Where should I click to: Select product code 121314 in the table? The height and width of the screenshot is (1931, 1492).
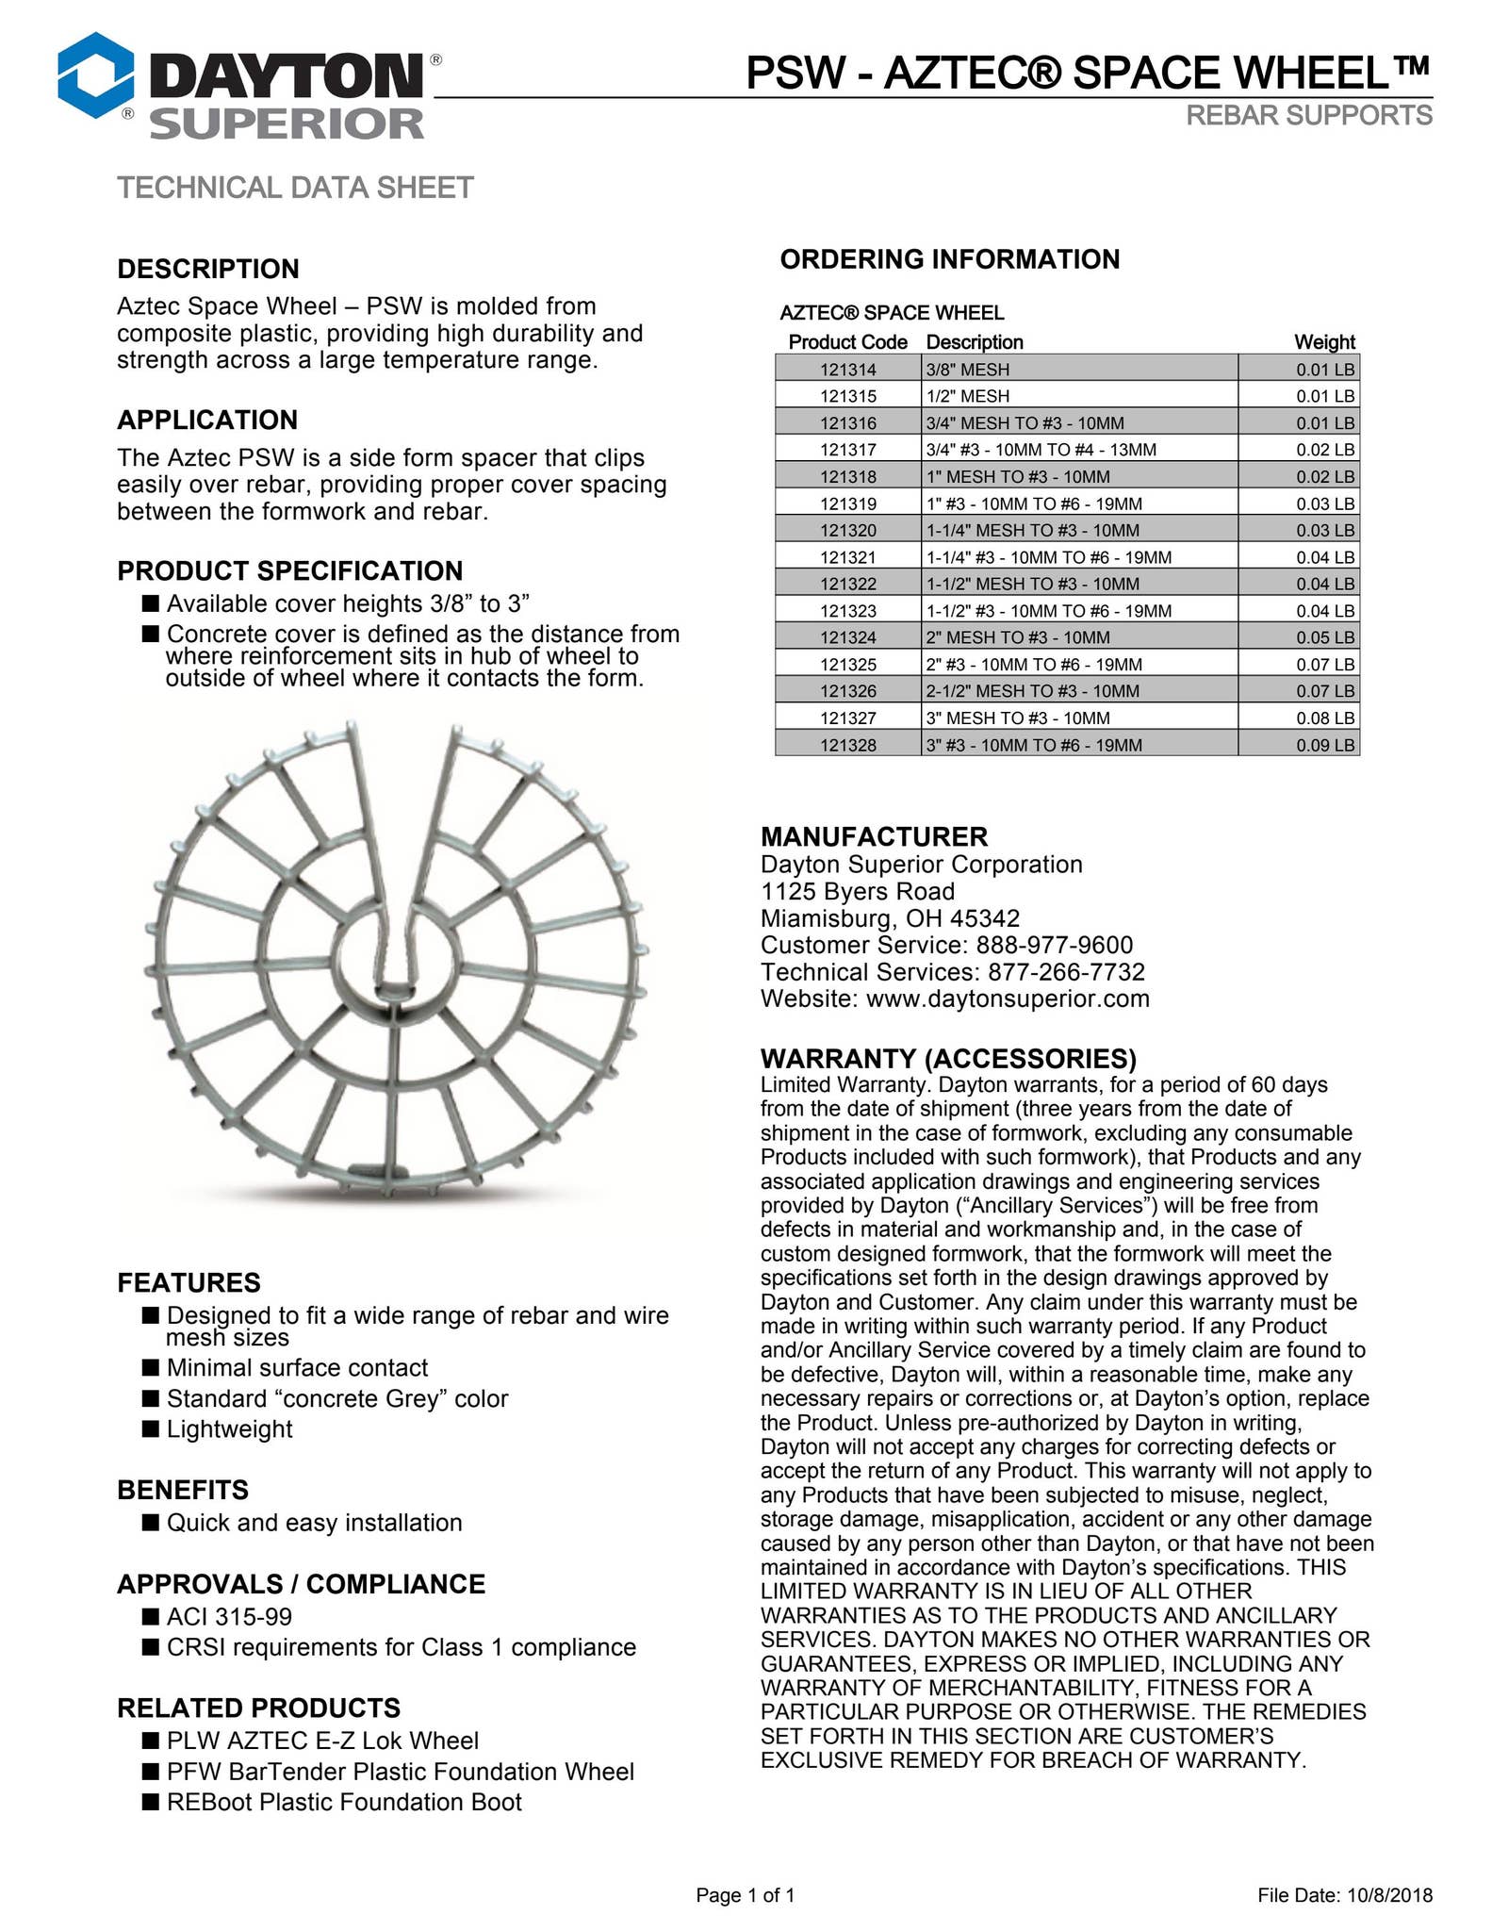(x=847, y=370)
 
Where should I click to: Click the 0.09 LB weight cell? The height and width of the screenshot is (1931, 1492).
(x=1324, y=745)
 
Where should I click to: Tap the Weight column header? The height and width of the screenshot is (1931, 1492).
(x=1323, y=342)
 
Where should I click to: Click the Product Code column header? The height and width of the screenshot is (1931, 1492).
(x=847, y=342)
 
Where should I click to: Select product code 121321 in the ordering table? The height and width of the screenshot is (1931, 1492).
(x=847, y=557)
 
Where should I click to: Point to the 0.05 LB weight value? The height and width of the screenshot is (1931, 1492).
(x=1324, y=637)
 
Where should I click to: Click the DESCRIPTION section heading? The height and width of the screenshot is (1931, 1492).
(x=208, y=269)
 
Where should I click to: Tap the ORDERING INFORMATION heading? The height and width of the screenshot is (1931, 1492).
(x=949, y=259)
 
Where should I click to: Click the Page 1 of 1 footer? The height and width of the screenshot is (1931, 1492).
(x=745, y=1895)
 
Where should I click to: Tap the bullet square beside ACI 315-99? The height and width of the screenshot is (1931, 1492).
(x=151, y=1616)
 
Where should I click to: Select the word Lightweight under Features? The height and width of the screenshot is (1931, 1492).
(x=229, y=1429)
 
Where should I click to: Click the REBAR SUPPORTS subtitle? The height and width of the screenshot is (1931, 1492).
(x=1308, y=115)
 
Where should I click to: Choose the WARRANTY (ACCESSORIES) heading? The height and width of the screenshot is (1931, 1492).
(x=948, y=1058)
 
